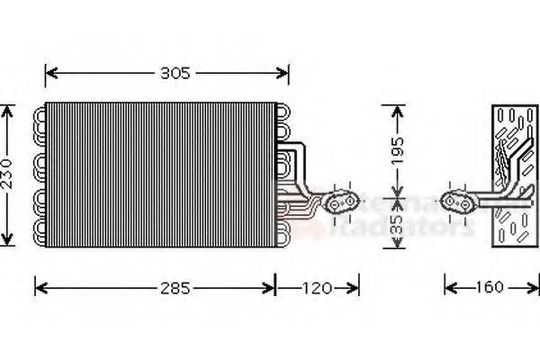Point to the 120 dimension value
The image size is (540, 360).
(317, 288)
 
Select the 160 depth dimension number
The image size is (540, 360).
(489, 288)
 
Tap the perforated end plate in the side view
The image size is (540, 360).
(511, 175)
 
